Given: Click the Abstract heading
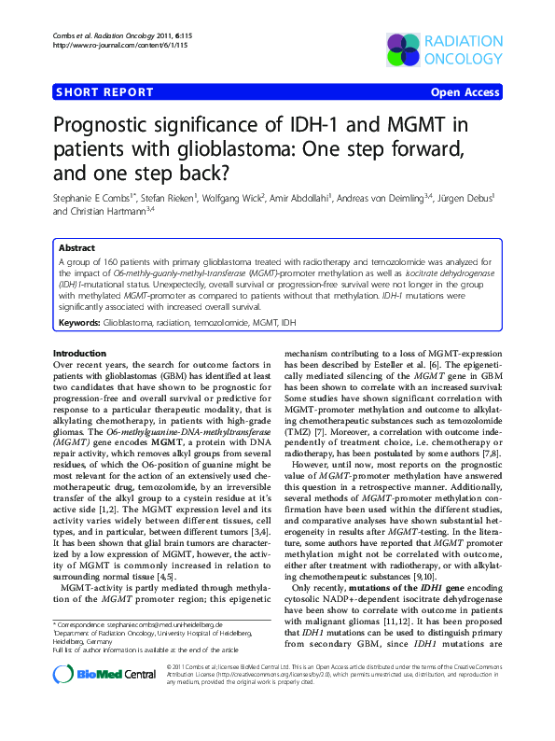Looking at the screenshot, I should tap(76, 249).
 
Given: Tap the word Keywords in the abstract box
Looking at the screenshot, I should tap(79, 322).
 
